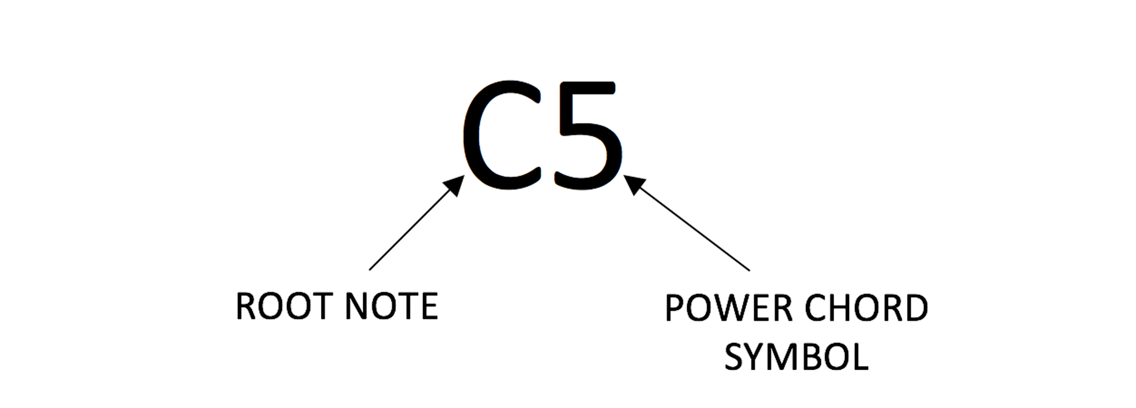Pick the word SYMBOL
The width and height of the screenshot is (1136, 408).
797,357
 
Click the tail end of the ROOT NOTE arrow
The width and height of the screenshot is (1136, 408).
371,269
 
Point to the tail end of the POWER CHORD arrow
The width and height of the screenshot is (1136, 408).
748,269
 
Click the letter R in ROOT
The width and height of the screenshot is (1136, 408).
246,306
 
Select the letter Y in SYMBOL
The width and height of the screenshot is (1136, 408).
752,357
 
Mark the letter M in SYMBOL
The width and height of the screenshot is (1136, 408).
782,357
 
